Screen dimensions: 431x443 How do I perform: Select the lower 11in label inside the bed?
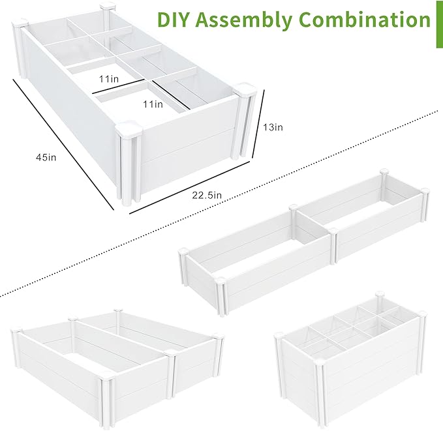pos(152,104)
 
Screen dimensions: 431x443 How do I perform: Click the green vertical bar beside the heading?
pos(438,23)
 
